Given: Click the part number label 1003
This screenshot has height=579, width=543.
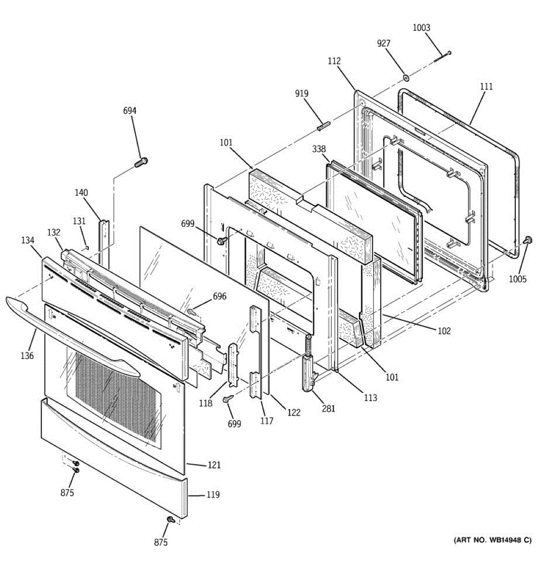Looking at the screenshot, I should tap(421, 28).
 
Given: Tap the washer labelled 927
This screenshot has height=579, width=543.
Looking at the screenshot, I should tap(406, 77).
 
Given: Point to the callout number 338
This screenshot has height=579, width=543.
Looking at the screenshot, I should tap(319, 149).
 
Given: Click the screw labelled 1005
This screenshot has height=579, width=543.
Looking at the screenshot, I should tap(528, 240).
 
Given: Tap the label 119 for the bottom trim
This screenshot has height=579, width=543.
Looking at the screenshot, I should tap(213, 495).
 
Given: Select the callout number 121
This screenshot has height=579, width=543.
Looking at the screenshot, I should tap(214, 465).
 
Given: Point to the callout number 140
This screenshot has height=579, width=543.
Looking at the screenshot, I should tap(81, 193).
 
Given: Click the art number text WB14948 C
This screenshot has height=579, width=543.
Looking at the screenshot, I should tap(492, 540).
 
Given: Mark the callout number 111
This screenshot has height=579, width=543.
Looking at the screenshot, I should tap(486, 86).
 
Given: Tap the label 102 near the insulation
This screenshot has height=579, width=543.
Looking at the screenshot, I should tap(444, 331).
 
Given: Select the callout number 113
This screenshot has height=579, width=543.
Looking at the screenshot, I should tap(370, 398).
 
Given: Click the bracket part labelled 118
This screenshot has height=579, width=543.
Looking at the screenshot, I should tap(233, 364).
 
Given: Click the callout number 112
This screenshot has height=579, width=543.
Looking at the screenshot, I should tap(334, 61).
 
